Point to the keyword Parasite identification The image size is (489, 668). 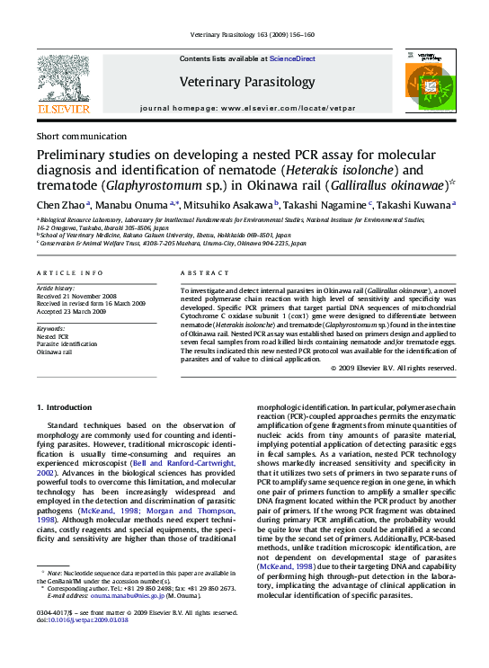coord(67,343)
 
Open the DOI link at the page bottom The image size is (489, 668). coord(84,645)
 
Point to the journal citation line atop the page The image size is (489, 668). coord(253,35)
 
